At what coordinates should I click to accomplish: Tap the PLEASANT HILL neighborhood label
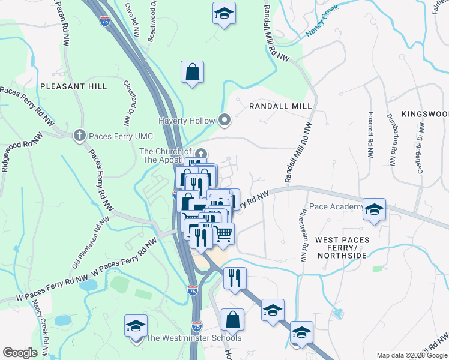[74, 86]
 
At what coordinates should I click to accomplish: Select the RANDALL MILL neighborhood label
[280, 106]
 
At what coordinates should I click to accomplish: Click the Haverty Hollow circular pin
[224, 121]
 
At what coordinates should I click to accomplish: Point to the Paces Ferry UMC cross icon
[79, 136]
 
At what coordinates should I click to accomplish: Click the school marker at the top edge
[224, 13]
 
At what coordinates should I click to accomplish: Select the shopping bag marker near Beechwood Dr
[191, 72]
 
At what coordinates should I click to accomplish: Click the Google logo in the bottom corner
[20, 353]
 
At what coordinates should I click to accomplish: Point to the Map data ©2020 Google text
[411, 355]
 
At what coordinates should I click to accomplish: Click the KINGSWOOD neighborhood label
[425, 113]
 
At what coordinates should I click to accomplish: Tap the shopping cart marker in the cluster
[223, 233]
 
